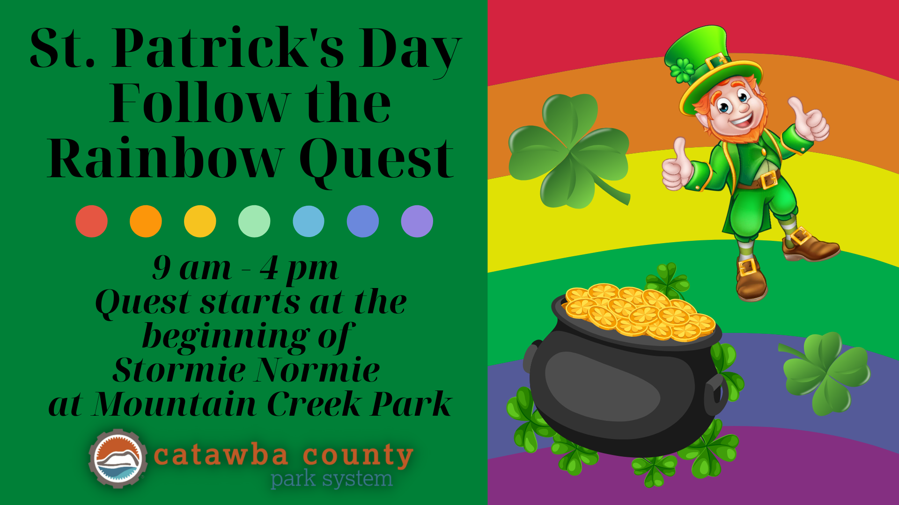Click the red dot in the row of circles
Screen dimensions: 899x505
click(91, 221)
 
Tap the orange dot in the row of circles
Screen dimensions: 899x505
click(146, 221)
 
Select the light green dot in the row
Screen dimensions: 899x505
click(254, 221)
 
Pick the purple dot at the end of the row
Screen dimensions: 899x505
click(417, 221)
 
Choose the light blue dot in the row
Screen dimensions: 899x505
click(309, 221)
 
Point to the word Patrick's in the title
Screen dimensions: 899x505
click(227, 48)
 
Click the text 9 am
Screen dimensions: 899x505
click(192, 268)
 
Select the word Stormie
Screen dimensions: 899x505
click(179, 369)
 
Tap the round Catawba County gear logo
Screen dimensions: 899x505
click(118, 458)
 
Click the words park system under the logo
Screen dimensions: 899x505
click(332, 479)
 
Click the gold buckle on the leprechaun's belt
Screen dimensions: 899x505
click(768, 180)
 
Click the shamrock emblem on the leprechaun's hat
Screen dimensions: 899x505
click(682, 71)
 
